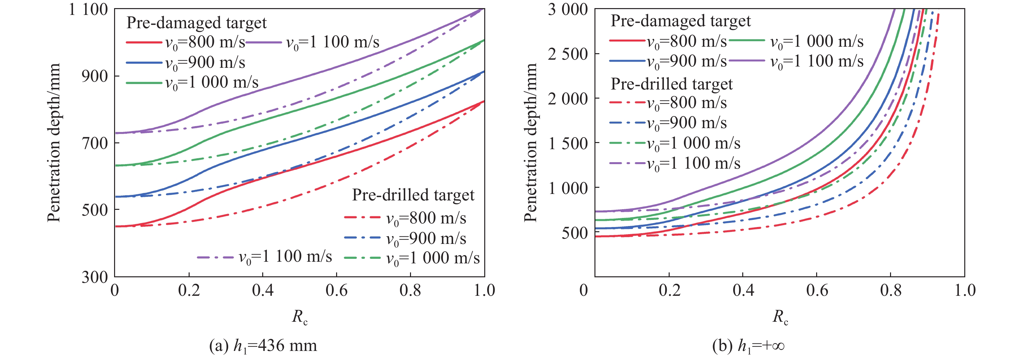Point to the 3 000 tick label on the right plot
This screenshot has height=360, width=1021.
point(568,9)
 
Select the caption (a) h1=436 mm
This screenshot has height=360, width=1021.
point(263,346)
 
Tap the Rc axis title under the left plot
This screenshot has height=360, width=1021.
point(299,317)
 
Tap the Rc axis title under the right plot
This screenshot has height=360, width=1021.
point(780,317)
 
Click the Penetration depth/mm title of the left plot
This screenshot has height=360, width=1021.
point(54,143)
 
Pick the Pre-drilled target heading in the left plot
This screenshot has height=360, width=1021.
point(413,195)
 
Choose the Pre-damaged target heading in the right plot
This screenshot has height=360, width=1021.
point(681,21)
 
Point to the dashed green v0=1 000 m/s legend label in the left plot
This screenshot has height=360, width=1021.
point(433,258)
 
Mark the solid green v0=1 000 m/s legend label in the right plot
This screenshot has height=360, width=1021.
point(816,41)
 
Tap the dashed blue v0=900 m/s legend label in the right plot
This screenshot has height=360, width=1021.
point(687,123)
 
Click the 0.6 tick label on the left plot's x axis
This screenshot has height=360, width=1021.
point(336,290)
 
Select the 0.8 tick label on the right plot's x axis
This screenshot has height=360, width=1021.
point(891,290)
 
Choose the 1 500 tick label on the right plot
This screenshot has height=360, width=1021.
point(568,143)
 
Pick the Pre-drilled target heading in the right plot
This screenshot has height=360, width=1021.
point(671,84)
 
